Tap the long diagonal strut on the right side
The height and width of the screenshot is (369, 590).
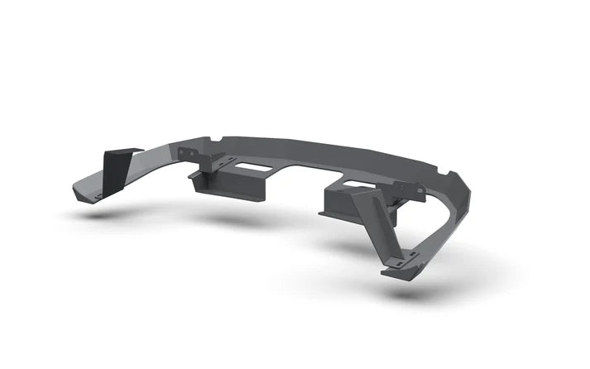click(390, 228)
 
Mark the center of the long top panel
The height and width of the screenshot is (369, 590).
click(314, 157)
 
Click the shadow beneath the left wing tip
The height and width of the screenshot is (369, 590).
click(99, 214)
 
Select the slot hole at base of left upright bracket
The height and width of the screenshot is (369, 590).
click(100, 195)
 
